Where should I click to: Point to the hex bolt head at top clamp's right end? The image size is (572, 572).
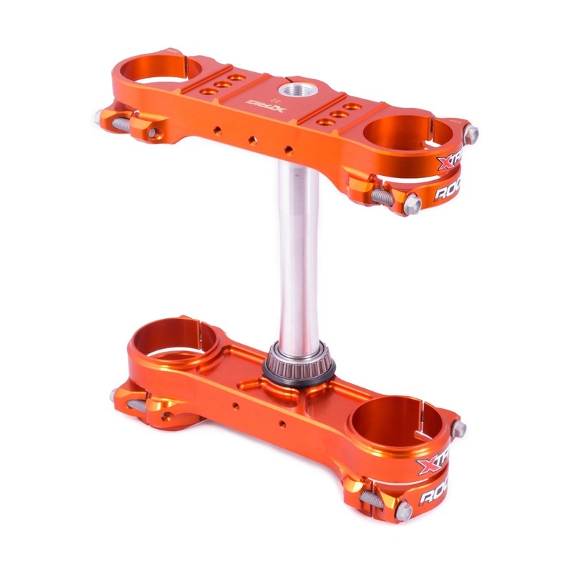471,132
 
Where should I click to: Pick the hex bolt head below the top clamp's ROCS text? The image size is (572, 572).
413,205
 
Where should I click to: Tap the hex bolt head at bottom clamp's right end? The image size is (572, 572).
459,430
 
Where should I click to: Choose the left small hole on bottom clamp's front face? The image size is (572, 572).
235,406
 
